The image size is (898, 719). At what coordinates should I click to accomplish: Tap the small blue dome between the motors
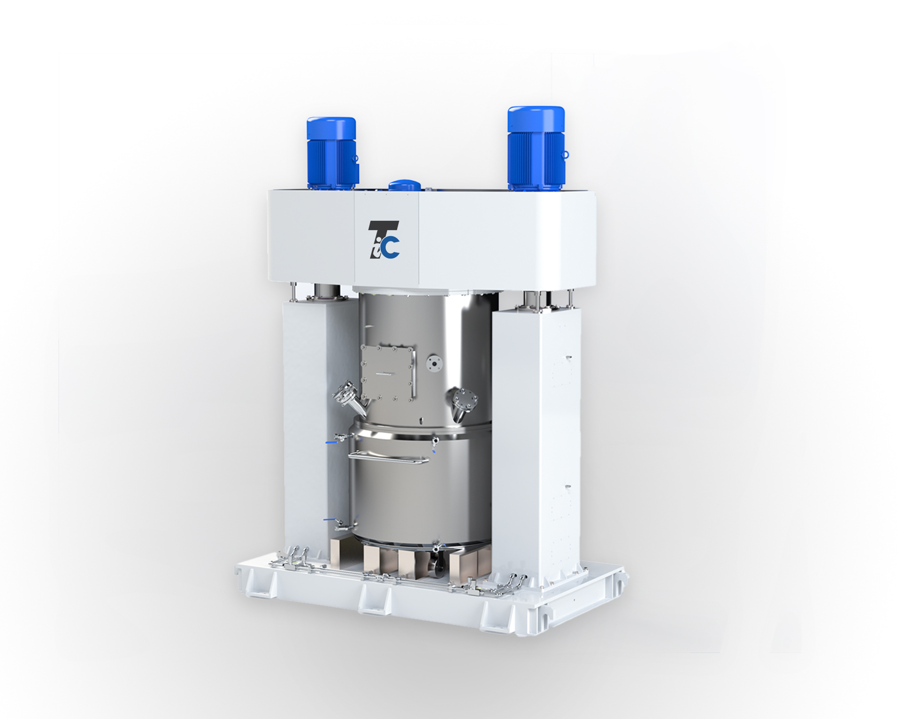[x=404, y=185]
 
